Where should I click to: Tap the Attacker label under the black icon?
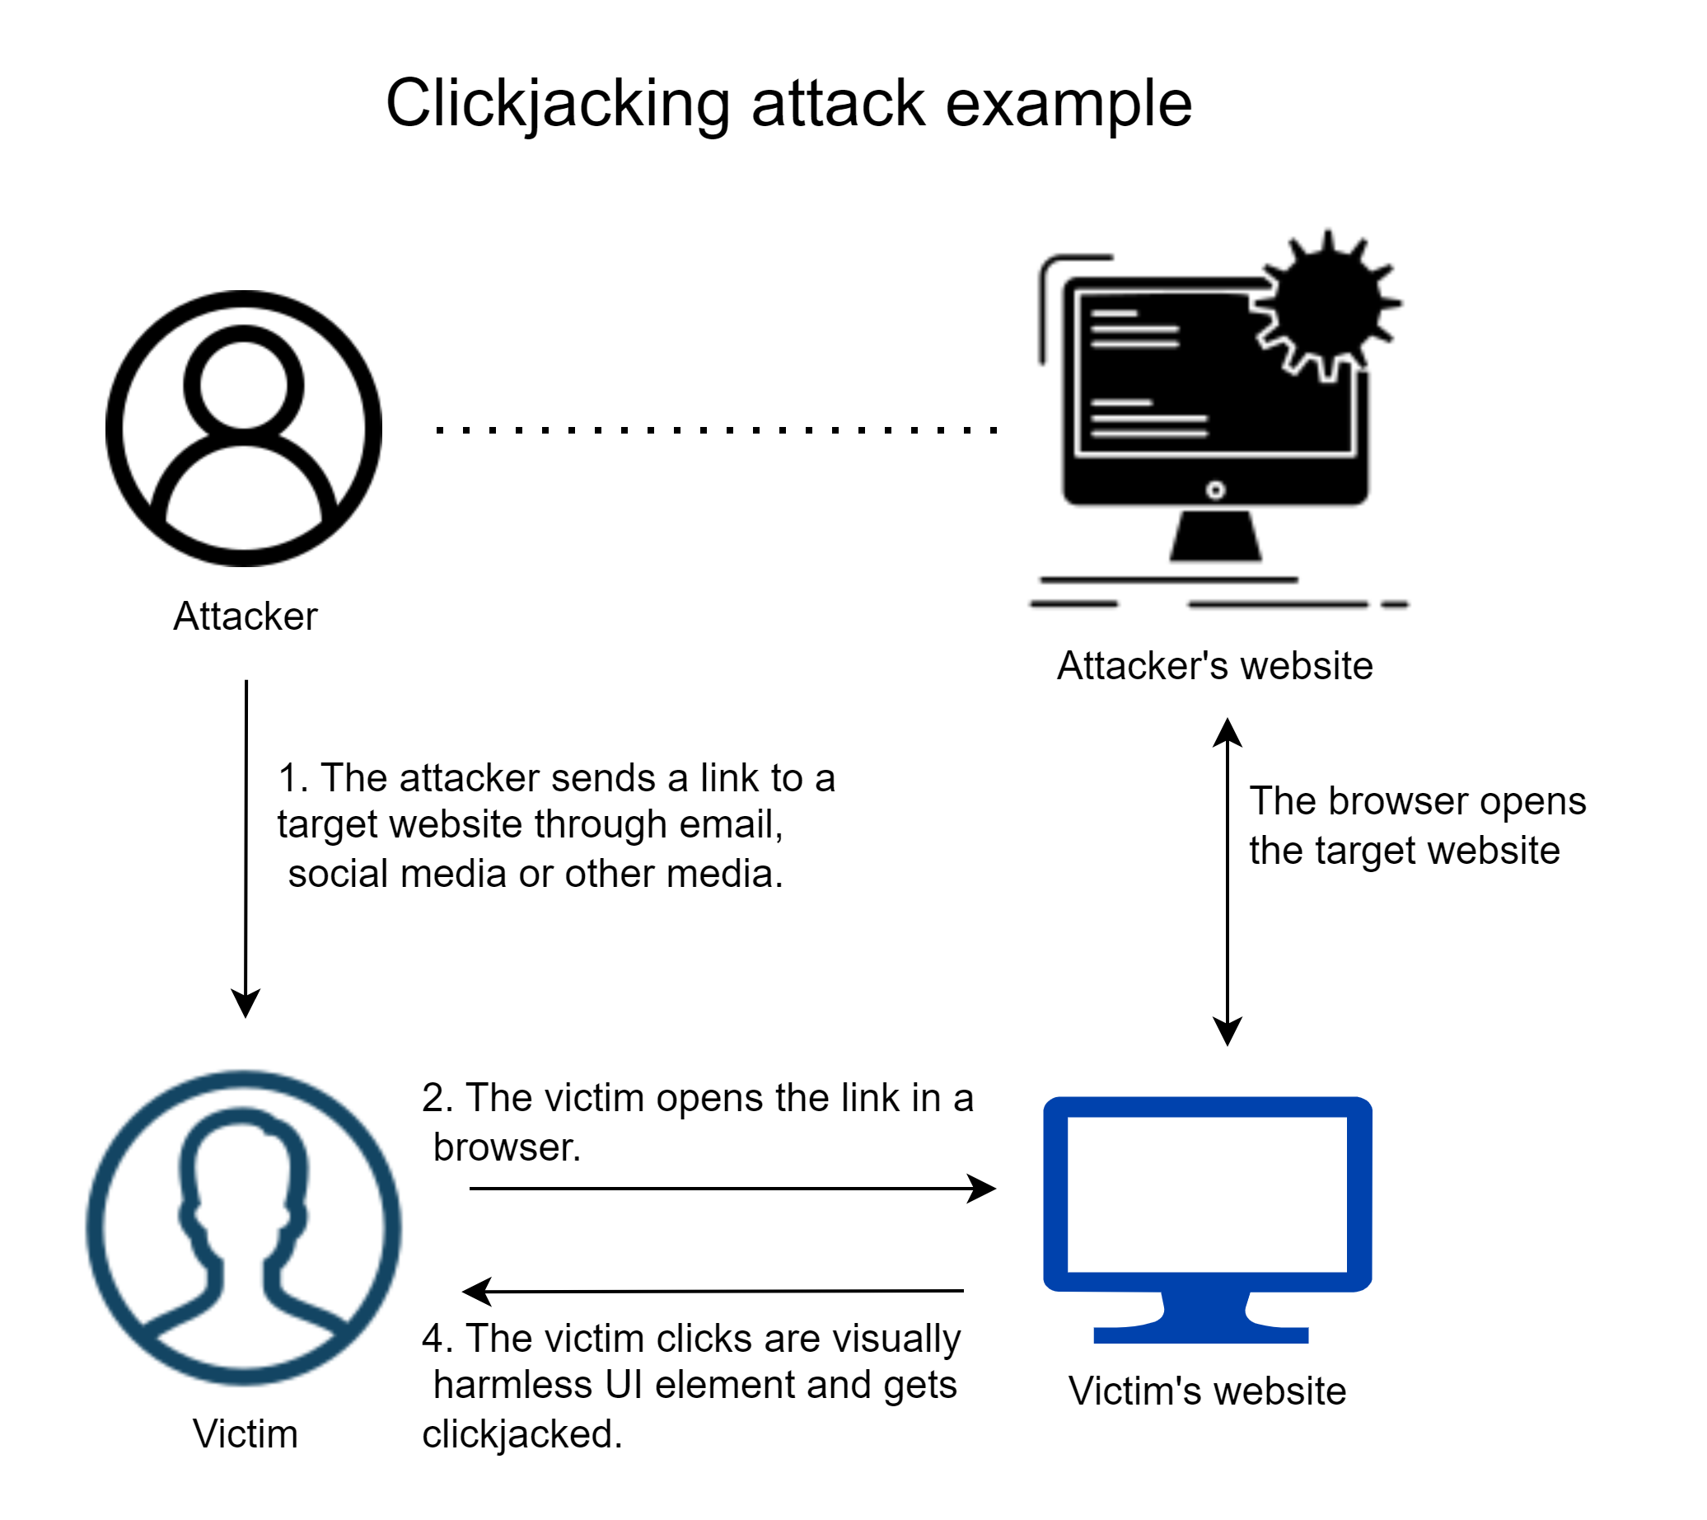pyautogui.click(x=246, y=617)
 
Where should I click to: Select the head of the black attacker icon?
pyautogui.click(x=243, y=378)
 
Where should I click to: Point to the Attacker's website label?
pyautogui.click(x=1214, y=666)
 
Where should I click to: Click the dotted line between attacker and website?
pyautogui.click(x=718, y=430)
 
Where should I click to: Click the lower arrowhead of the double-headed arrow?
pyautogui.click(x=1228, y=1032)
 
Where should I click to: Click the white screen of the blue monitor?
pyautogui.click(x=1208, y=1194)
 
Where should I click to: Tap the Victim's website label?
pyautogui.click(x=1208, y=1391)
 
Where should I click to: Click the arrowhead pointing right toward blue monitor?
pyautogui.click(x=984, y=1189)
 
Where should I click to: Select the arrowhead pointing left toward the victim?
pyautogui.click(x=477, y=1292)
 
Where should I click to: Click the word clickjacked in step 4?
pyautogui.click(x=521, y=1435)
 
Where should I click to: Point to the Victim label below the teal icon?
pyautogui.click(x=246, y=1434)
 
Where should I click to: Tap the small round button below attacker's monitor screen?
pyautogui.click(x=1216, y=490)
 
